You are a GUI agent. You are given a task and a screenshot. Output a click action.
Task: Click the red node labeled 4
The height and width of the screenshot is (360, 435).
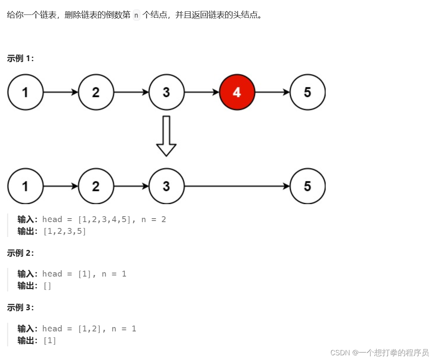coord(237,92)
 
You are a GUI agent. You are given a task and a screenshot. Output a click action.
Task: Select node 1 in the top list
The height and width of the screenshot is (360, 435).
coord(25,92)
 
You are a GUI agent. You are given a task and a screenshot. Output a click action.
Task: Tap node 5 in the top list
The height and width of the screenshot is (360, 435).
coord(307,92)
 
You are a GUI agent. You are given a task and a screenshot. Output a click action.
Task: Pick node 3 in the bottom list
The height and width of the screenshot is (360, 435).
coord(166,186)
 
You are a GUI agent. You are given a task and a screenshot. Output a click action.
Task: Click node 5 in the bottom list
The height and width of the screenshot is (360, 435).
coord(307,186)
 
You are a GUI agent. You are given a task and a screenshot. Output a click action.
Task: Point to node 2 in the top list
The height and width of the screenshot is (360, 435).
coord(96,92)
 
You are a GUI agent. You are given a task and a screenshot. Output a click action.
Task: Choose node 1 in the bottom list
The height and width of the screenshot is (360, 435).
coord(25,186)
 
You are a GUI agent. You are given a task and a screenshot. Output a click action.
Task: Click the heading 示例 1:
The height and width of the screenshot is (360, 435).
coord(20,59)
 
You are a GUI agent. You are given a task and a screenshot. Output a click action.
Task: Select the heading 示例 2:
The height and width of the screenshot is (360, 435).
coord(20,253)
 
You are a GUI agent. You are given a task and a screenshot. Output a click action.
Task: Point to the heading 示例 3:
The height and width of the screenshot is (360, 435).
coord(20,308)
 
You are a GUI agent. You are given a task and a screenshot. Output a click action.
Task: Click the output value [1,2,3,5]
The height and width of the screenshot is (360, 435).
coord(65,232)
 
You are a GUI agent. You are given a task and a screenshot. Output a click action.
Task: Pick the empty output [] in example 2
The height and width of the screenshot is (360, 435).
coord(47,286)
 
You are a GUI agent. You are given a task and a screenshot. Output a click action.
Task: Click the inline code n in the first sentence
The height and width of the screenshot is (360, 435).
coord(136,16)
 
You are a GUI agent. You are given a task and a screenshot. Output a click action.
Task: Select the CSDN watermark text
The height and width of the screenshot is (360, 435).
coord(379,352)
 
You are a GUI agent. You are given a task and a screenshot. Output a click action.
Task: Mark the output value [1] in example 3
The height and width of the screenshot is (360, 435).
coord(50,341)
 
